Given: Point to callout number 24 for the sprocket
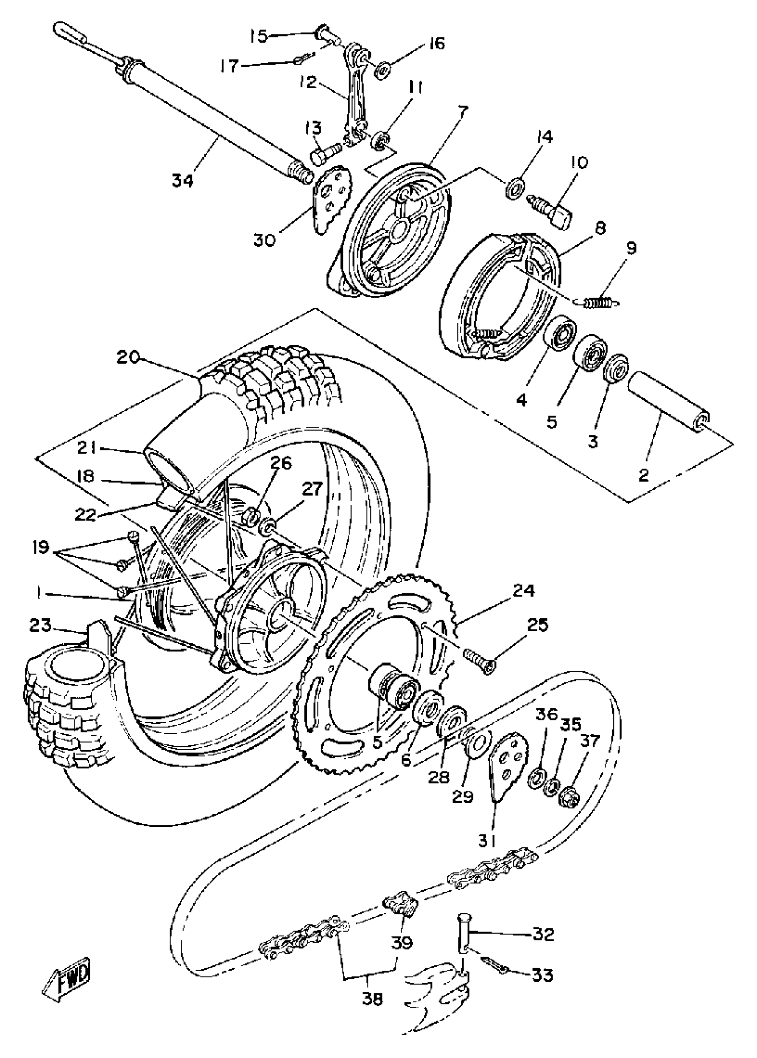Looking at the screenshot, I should (x=524, y=591).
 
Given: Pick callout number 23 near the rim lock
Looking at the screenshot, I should (x=40, y=625).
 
